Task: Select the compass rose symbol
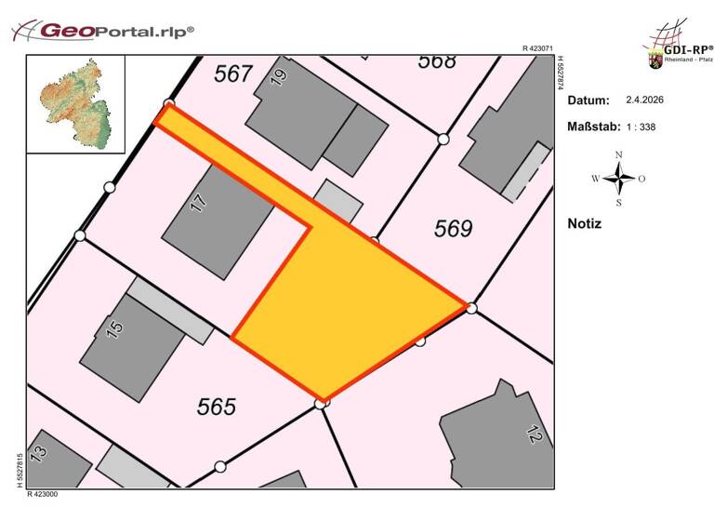coord(618,177)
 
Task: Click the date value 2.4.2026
coord(644,100)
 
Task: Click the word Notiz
coord(584,223)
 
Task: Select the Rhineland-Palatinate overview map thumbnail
coord(73,104)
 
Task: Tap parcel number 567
coord(233,73)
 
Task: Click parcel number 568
coord(437,61)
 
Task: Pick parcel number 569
coord(454,229)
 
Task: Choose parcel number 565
coord(216,407)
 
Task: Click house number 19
coord(277,77)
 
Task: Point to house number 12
coord(534,433)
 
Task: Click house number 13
coord(38,453)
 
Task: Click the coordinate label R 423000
coord(43,494)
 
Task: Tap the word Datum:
coord(588,100)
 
